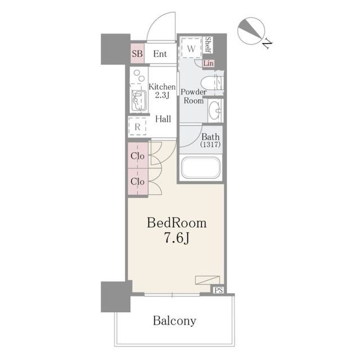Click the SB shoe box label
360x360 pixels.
tap(137, 54)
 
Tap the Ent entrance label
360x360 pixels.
tap(160, 54)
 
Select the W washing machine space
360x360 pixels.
tap(191, 48)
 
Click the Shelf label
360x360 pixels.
tap(208, 45)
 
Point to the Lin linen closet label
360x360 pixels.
tap(209, 63)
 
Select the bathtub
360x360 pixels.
tap(201, 168)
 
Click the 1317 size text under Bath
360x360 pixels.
tap(210, 145)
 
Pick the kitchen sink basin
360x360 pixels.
tap(139, 100)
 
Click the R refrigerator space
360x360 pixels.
tap(137, 126)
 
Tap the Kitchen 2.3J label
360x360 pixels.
tap(162, 91)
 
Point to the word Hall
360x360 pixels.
tap(163, 119)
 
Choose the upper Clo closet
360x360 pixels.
tap(138, 155)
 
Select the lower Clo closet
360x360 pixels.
tap(138, 182)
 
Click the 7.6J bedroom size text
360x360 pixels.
tap(177, 238)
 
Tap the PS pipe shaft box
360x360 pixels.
tap(219, 290)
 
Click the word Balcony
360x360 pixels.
tap(174, 321)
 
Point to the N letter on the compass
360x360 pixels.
tap(267, 44)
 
